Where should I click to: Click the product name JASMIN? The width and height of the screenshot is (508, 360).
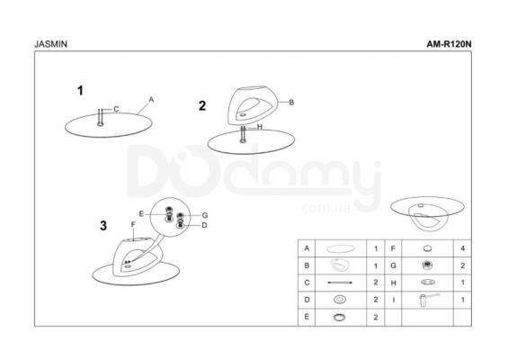[51, 44]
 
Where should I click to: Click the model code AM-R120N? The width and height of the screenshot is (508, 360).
[449, 44]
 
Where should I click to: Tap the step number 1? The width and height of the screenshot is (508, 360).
[80, 91]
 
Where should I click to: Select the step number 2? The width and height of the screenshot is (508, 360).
[202, 105]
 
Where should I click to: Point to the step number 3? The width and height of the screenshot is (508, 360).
[103, 225]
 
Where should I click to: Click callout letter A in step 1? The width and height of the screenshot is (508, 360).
[151, 100]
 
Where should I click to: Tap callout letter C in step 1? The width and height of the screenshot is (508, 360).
[116, 109]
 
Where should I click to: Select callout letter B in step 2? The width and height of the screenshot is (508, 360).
[291, 103]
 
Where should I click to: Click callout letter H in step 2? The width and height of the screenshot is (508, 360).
[260, 127]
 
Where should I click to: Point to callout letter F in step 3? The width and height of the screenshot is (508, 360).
[133, 224]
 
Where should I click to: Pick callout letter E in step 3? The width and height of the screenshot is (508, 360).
[141, 213]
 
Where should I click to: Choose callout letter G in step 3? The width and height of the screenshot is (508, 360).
[205, 215]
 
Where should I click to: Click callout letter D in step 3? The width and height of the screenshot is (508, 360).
[204, 225]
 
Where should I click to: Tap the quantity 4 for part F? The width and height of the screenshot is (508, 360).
[462, 248]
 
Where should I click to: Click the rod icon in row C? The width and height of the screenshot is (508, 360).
[340, 283]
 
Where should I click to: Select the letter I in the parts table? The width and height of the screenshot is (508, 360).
[393, 300]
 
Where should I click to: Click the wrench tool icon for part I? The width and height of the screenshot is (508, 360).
[428, 300]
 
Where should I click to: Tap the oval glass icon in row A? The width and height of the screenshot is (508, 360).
[341, 248]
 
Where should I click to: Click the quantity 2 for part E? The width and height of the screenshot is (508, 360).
[376, 317]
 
